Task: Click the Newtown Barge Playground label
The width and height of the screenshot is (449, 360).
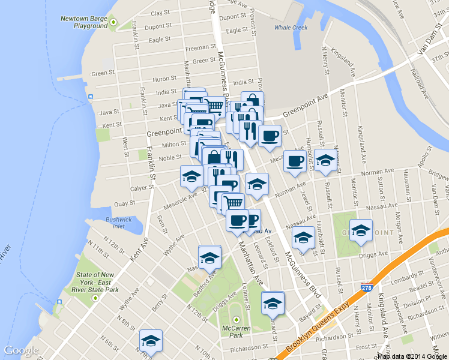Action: click(x=83, y=22)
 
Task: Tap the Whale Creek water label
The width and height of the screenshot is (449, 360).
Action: click(x=290, y=28)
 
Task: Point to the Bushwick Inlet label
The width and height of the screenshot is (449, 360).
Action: click(x=119, y=223)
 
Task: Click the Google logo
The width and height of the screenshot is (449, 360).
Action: click(x=20, y=350)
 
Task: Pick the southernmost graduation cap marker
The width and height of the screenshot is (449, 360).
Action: click(x=150, y=340)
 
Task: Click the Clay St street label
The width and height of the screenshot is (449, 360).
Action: click(x=160, y=13)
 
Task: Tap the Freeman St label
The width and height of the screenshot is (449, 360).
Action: click(x=200, y=47)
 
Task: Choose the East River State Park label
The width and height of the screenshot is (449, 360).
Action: click(x=97, y=282)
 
